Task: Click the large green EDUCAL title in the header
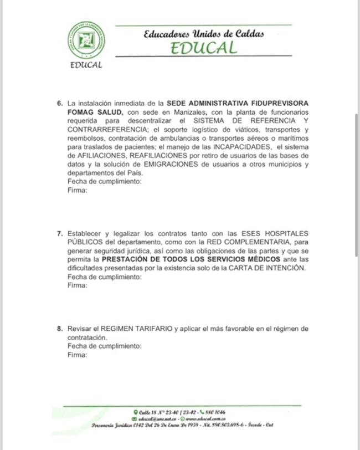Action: (203, 48)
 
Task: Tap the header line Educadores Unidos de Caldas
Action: (203, 34)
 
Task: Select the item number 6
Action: (60, 104)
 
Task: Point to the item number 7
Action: (60, 234)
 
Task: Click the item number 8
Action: (60, 329)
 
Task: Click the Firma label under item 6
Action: (77, 190)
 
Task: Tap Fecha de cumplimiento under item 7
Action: (105, 277)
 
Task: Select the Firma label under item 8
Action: (77, 355)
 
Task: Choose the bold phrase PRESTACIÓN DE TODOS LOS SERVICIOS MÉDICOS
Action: (199, 259)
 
